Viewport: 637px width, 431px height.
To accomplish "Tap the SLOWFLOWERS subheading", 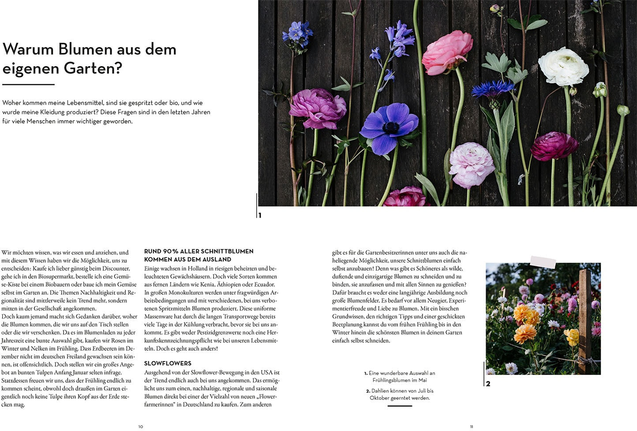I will point(168,363).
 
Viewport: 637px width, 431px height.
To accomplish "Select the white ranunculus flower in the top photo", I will point(563,67).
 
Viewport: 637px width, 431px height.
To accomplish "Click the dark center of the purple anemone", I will point(390,128).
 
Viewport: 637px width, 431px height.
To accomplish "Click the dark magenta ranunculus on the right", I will point(553,146).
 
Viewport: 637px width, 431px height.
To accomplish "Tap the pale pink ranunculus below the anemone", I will point(471,164).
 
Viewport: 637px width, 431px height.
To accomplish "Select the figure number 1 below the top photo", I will point(260,215).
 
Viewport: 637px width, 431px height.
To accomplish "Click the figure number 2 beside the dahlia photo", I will point(488,384).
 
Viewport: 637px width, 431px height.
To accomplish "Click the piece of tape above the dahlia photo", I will point(543,262).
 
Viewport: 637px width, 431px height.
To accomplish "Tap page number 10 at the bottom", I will point(141,427).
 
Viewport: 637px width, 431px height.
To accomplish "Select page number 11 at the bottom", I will point(472,427).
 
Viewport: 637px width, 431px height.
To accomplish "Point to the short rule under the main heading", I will point(28,84).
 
